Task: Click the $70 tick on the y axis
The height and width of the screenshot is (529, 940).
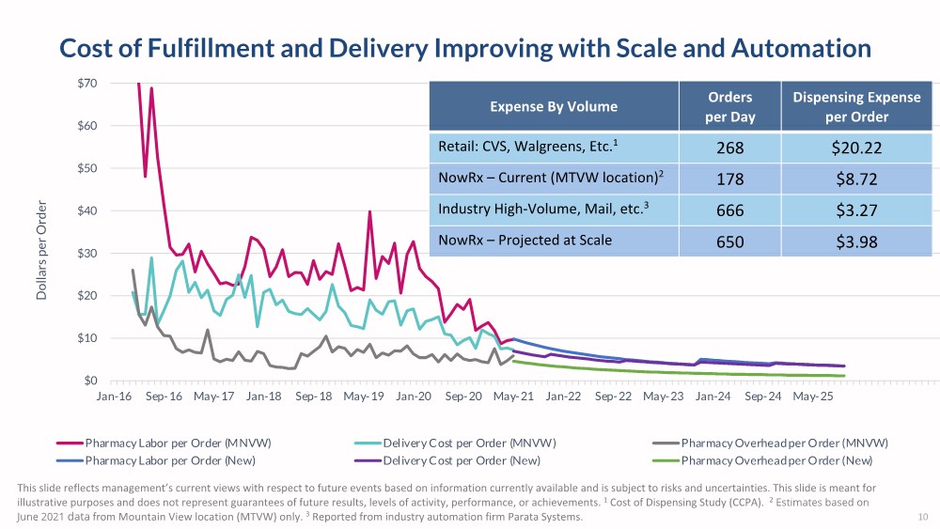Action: pyautogui.click(x=87, y=84)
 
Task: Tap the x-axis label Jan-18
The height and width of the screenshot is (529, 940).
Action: pyautogui.click(x=263, y=397)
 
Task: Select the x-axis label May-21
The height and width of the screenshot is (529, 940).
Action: pyautogui.click(x=512, y=397)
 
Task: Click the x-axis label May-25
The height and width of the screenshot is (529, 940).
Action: pyautogui.click(x=812, y=397)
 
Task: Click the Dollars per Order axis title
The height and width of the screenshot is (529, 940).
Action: pyautogui.click(x=41, y=252)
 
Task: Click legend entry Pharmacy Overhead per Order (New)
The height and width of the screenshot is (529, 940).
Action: pyautogui.click(x=776, y=460)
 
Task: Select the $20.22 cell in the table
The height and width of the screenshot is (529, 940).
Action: pyautogui.click(x=856, y=148)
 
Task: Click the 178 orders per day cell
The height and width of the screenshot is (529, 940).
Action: pyautogui.click(x=729, y=179)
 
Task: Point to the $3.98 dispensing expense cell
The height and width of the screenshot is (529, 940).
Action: pyautogui.click(x=856, y=241)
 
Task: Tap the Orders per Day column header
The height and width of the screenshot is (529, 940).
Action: pyautogui.click(x=729, y=106)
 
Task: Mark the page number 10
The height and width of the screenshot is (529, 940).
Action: pyautogui.click(x=922, y=518)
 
